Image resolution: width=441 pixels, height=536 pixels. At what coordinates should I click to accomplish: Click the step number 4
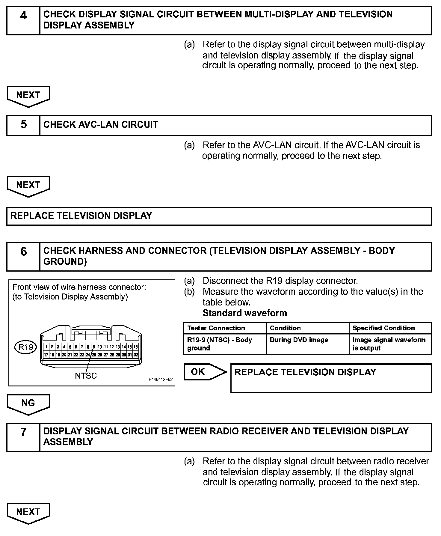23,15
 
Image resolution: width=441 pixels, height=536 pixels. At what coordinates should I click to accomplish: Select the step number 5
23,125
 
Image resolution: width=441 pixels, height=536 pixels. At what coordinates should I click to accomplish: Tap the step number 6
23,252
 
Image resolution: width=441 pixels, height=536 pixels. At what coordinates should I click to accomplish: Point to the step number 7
23,432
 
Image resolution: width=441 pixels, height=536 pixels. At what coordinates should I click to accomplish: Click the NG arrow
28,403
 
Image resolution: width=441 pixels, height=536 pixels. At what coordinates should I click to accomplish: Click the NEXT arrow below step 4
28,96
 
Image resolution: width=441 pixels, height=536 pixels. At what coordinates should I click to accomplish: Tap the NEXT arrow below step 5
28,186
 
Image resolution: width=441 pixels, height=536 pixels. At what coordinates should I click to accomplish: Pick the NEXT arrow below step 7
28,513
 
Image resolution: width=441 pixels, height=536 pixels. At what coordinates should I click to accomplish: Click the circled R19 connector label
26,347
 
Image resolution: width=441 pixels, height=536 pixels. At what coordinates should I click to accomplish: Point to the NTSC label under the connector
86,376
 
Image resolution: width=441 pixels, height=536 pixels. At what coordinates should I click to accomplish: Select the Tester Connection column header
216,328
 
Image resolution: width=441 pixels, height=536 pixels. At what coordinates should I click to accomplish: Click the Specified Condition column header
383,328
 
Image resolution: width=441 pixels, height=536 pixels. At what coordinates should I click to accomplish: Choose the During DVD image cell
299,340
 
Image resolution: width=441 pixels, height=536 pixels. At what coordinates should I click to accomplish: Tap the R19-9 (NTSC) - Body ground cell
220,344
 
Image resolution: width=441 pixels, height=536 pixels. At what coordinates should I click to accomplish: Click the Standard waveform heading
245,313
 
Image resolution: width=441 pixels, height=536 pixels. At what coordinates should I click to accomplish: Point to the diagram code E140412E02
161,380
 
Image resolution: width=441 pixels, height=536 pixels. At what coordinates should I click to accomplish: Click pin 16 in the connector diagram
136,347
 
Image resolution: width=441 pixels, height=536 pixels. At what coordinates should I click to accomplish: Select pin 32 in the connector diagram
136,355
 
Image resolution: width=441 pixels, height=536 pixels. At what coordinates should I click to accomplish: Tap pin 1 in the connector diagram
46,347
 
